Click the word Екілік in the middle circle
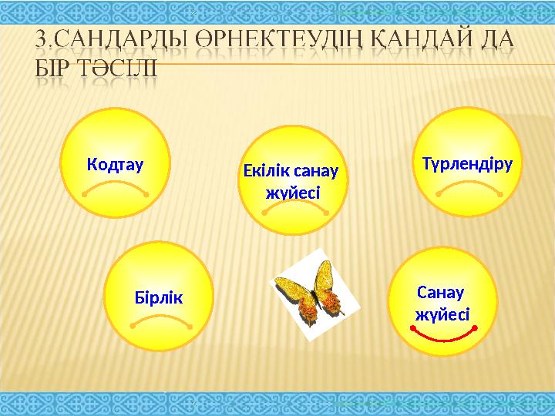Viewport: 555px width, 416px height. [267, 171]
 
